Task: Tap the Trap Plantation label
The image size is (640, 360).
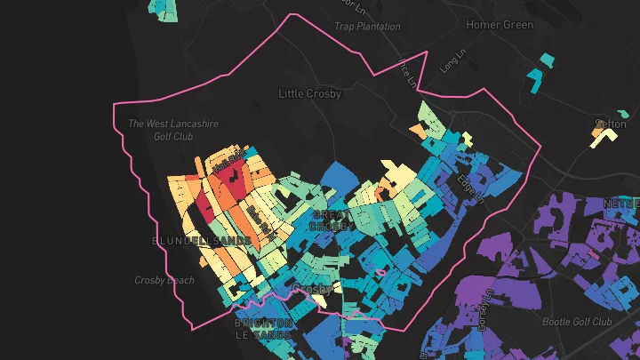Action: coord(367,27)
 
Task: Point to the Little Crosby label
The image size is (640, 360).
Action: coord(309,93)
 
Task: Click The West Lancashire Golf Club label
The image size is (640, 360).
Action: coord(173,130)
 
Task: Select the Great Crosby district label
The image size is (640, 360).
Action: coord(332,220)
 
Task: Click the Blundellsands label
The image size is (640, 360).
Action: coord(203,241)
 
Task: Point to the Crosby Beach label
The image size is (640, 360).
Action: coord(164,280)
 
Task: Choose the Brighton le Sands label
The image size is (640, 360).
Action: coord(264,328)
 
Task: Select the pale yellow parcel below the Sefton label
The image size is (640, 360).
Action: coord(604,137)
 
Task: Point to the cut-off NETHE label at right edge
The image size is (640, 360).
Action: coord(621,204)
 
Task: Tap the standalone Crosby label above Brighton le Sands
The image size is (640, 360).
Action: coord(312,290)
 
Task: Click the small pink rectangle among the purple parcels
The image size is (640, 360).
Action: coord(593,255)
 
